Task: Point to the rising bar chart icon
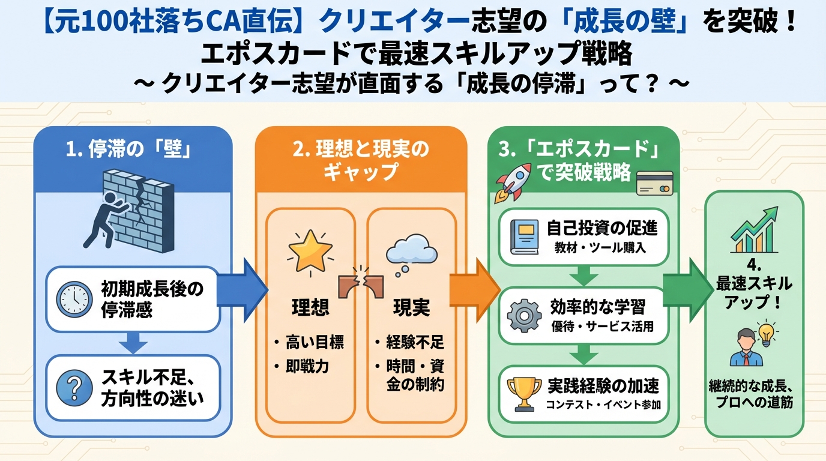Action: coord(754,231)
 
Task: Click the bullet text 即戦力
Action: coord(307,366)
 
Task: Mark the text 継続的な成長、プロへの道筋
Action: coord(754,396)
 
